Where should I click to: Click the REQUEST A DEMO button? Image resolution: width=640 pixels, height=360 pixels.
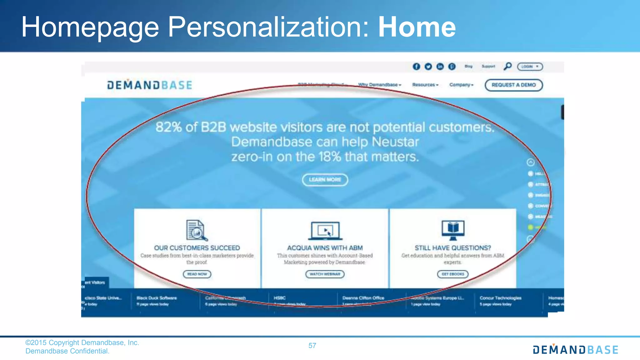[513, 85]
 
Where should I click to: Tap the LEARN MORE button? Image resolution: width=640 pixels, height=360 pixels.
[325, 180]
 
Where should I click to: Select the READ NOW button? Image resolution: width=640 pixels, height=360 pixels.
[197, 274]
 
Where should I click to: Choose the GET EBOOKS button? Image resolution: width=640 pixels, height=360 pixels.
[452, 274]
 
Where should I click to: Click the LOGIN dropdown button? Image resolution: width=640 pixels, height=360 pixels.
[530, 67]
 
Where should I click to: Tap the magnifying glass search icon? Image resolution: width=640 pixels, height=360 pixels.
[507, 66]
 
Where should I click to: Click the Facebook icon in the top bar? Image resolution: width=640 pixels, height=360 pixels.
[416, 67]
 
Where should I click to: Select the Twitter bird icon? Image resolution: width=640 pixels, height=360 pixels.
[428, 67]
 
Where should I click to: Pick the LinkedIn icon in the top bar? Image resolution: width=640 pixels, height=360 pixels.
[440, 67]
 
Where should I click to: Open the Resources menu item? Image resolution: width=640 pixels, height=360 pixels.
[425, 85]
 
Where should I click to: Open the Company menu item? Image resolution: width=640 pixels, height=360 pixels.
[461, 85]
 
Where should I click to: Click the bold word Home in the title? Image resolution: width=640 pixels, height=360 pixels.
[417, 27]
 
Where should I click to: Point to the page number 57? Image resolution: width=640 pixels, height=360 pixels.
[312, 346]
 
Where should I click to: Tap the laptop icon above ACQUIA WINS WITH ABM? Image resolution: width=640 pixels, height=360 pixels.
[325, 231]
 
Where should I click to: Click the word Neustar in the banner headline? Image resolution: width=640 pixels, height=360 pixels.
[395, 142]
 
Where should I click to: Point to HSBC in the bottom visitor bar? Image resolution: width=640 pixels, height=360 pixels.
[280, 298]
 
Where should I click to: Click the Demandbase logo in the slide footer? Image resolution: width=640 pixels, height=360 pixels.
[575, 350]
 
